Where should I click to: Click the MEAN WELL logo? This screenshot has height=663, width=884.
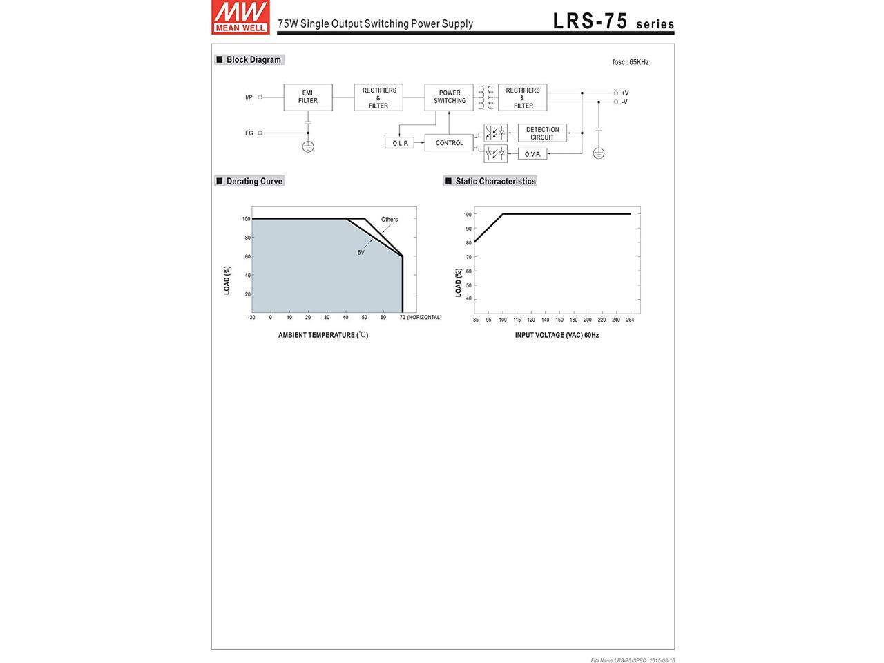pos(240,17)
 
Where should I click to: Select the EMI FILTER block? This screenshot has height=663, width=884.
pos(308,97)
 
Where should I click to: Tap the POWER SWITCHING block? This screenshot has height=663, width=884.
pos(449,97)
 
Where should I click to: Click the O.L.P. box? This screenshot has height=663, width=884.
pos(399,143)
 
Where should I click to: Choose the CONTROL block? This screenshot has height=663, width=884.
pos(449,142)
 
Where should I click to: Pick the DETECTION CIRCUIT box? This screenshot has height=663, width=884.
pos(542,133)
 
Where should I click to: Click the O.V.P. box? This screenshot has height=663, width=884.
pos(532,154)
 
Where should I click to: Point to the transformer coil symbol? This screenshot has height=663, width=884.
pos(486,97)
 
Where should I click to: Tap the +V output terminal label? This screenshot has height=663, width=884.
pos(624,93)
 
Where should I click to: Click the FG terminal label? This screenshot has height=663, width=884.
pos(249,133)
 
